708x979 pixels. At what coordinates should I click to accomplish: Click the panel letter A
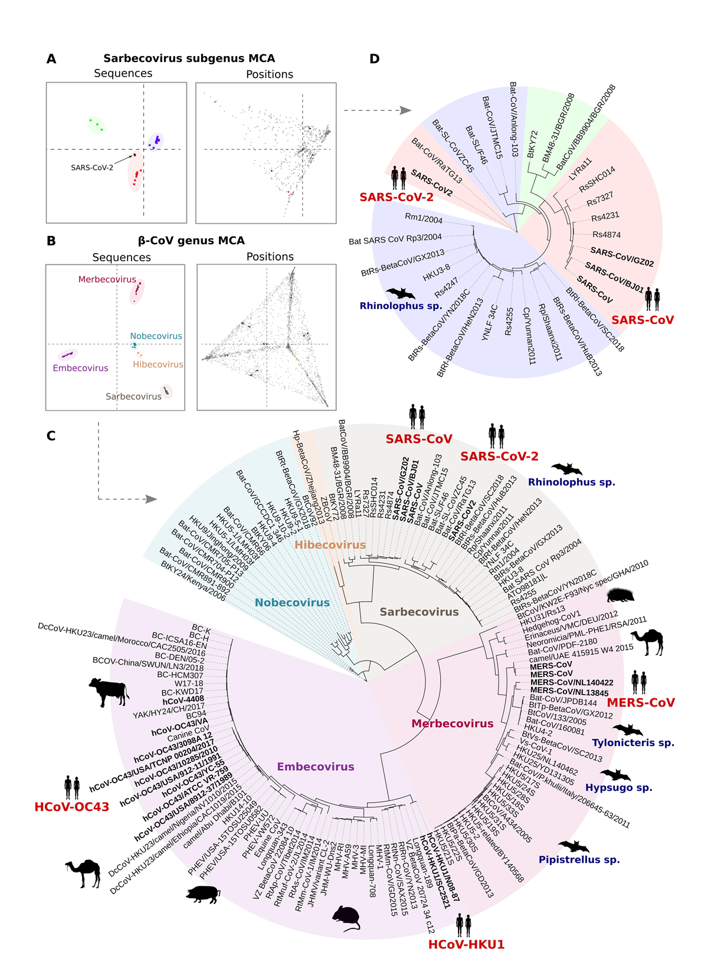tap(51, 59)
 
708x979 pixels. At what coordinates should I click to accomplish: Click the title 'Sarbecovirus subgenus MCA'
tap(189, 58)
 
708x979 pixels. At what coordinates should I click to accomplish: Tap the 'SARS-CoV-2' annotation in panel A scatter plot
tap(92, 167)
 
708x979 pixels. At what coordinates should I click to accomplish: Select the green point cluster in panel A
tap(96, 124)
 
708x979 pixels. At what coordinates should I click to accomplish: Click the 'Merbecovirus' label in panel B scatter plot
tap(107, 280)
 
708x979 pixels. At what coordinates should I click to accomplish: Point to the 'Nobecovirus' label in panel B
tap(156, 336)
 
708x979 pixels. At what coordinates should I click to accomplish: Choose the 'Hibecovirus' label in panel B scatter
tap(158, 364)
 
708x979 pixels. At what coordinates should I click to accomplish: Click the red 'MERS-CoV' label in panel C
tap(641, 702)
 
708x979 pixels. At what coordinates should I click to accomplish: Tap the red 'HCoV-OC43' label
tap(72, 807)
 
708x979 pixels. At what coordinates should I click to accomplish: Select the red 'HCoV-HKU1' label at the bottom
tap(466, 944)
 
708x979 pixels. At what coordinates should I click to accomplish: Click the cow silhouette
tap(109, 691)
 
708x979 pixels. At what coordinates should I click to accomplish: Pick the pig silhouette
tap(202, 894)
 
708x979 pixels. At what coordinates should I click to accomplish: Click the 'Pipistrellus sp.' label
tap(579, 860)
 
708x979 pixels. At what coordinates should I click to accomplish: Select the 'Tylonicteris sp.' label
tap(633, 743)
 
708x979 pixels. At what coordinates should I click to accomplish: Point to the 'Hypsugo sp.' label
tap(618, 787)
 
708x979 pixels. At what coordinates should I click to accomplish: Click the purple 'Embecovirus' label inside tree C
tap(316, 767)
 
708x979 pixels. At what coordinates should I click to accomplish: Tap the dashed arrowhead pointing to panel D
tap(405, 110)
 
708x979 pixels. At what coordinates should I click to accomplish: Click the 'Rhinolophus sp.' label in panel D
tap(401, 305)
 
